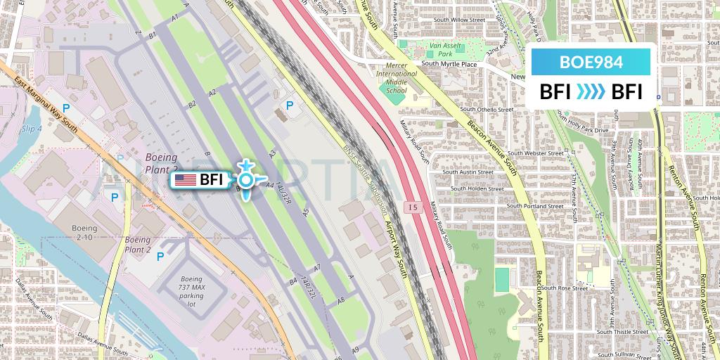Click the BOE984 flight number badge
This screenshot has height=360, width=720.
click(591, 61)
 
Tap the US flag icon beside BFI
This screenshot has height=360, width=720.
click(185, 180)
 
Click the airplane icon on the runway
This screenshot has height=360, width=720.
click(245, 180)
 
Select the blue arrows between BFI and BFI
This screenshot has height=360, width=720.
click(591, 92)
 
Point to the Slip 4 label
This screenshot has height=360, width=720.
click(32, 129)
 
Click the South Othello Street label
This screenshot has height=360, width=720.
click(487, 110)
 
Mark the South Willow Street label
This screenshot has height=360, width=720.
click(460, 20)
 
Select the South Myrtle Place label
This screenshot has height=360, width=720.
click(449, 64)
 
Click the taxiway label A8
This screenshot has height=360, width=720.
click(342, 300)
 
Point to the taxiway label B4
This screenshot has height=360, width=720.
click(292, 283)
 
